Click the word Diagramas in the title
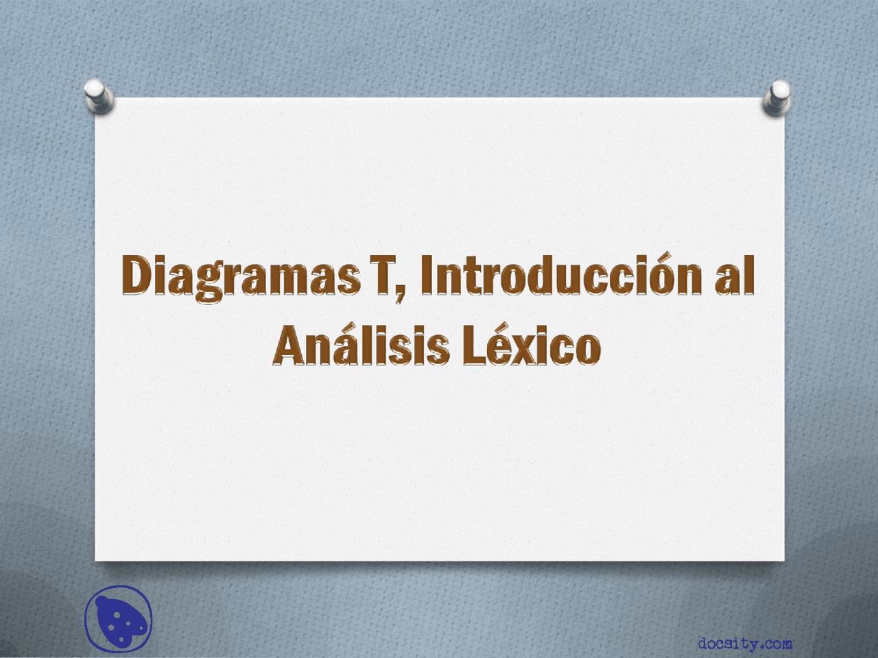coord(241,278)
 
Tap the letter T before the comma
coord(383,275)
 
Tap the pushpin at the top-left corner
coord(99,96)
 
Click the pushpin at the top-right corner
coord(777,98)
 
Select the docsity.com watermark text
coord(745,643)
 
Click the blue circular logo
coord(119,619)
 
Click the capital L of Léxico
coord(475,345)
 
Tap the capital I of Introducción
coord(427,275)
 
